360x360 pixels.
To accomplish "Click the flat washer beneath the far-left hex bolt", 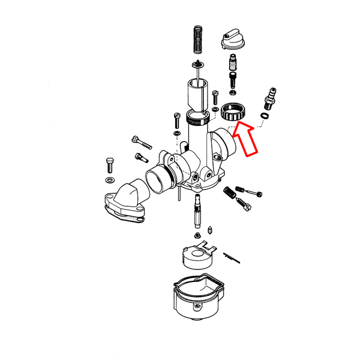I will pos(110,180).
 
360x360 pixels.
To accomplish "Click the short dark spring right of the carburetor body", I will pos(230,193).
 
